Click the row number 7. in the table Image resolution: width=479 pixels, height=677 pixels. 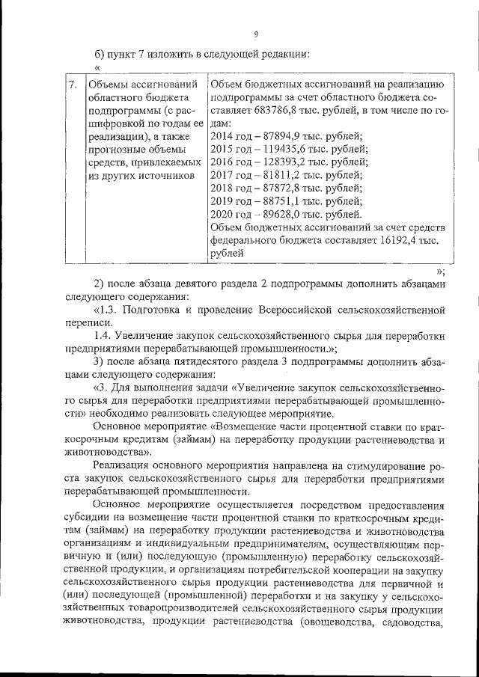pyautogui.click(x=72, y=85)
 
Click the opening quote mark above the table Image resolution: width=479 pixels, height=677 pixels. pyautogui.click(x=98, y=67)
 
